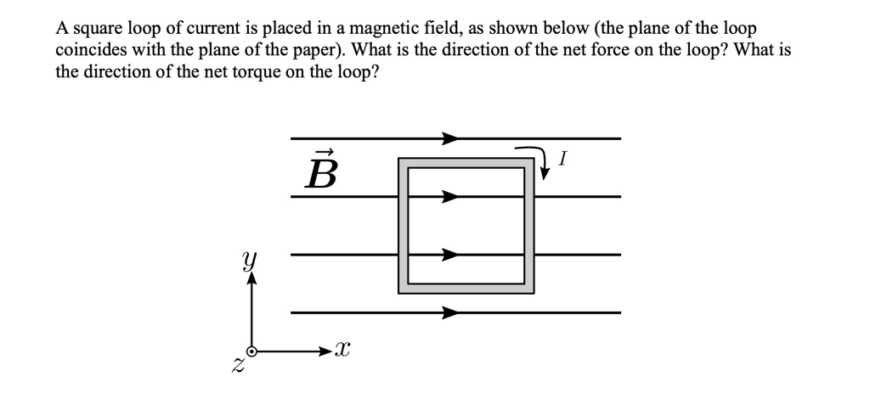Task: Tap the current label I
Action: [x=563, y=158]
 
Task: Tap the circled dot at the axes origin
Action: [x=251, y=351]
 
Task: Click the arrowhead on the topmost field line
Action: [x=450, y=138]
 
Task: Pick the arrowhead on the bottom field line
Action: [x=450, y=312]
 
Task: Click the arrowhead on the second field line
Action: [x=450, y=196]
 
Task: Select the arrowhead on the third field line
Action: [x=450, y=254]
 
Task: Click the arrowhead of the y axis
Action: [x=251, y=279]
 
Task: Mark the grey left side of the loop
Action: [x=404, y=226]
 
